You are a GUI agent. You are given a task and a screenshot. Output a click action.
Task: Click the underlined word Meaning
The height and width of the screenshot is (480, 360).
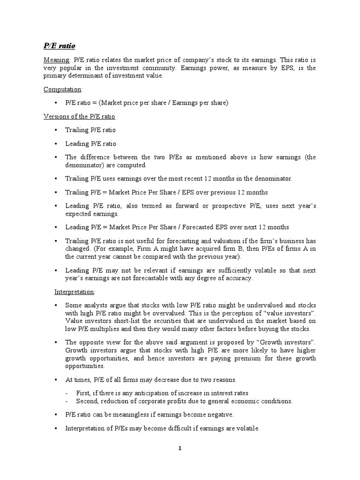[56, 60]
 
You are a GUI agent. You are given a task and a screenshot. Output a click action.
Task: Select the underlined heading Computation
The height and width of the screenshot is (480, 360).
[62, 89]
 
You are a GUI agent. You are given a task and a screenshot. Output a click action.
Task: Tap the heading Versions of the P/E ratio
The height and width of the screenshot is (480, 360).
[79, 116]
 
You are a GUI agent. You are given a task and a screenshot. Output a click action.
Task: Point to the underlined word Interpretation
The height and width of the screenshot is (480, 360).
[74, 292]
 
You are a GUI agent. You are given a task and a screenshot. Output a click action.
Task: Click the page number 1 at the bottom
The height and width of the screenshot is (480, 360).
[180, 448]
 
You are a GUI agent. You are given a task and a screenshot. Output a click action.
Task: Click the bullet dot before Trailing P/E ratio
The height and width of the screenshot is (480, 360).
[56, 130]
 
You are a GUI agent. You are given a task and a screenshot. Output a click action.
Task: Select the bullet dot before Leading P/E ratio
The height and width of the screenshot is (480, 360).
[56, 144]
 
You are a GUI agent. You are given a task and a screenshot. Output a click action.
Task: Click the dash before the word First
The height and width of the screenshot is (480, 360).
[67, 393]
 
